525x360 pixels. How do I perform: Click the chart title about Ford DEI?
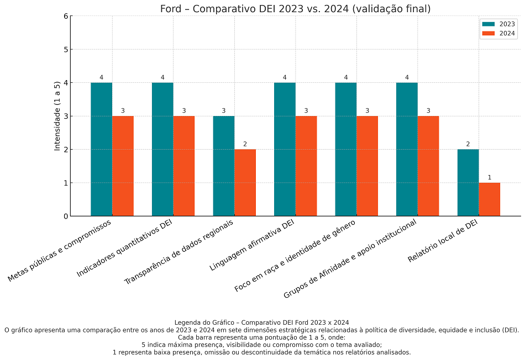295,9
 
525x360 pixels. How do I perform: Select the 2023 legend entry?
499,24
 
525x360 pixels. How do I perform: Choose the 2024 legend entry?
499,33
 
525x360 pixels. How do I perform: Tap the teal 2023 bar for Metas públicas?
102,149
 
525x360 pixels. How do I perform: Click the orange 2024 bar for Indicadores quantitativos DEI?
183,166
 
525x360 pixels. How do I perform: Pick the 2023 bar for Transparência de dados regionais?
223,166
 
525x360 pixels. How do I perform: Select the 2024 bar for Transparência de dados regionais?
245,182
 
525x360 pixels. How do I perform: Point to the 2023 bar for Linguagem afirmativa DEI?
285,149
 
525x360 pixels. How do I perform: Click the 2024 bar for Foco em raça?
367,166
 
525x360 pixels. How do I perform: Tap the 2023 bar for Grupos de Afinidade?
407,149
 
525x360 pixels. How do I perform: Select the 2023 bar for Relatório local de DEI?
468,182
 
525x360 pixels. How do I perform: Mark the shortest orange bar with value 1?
489,199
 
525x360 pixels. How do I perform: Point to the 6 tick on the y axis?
66,16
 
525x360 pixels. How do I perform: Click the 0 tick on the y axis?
66,216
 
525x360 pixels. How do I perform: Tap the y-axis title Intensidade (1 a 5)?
57,116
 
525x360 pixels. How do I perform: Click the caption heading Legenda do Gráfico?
261,322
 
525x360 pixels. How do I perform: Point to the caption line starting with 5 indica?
261,345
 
